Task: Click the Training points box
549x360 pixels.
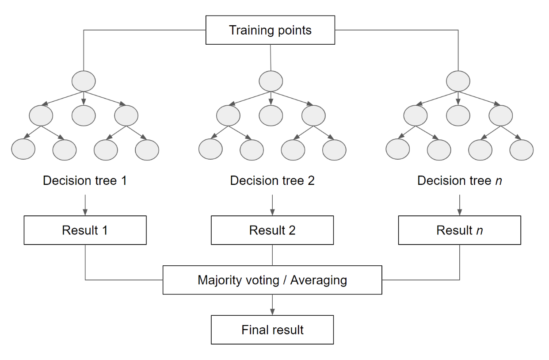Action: click(270, 31)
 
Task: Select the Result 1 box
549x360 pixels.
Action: click(85, 230)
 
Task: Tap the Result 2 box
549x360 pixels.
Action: click(272, 230)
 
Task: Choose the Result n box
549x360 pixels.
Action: click(460, 230)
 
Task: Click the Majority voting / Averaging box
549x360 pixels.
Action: click(272, 280)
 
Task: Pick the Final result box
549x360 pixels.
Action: click(272, 330)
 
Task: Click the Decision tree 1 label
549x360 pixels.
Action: click(85, 181)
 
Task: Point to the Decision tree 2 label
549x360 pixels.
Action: click(272, 181)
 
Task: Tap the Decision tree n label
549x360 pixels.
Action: click(460, 181)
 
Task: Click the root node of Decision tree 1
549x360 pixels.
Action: click(84, 81)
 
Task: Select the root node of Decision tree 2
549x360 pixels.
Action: click(271, 81)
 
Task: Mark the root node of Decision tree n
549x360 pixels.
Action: click(458, 81)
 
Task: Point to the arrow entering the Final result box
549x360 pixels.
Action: click(272, 305)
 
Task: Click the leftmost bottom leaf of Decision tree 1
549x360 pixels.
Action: click(23, 149)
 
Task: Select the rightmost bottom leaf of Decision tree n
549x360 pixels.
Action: click(522, 149)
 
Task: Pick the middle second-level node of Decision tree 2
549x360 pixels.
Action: click(271, 115)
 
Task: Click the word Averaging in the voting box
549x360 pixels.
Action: click(318, 280)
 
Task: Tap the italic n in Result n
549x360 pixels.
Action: click(479, 230)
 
